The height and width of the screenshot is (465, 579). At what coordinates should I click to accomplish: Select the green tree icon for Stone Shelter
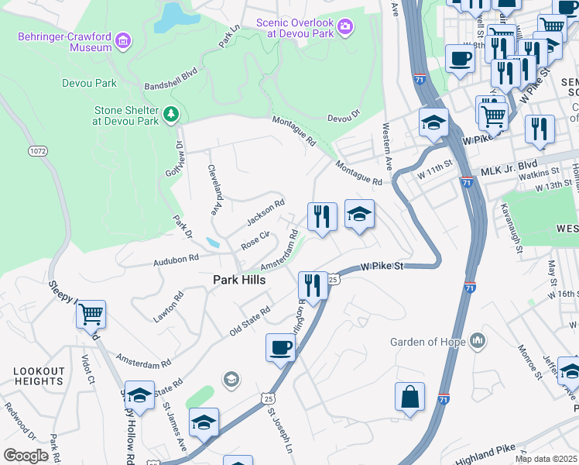pyautogui.click(x=171, y=115)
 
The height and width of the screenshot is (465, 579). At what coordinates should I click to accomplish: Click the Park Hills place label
pyautogui.click(x=239, y=280)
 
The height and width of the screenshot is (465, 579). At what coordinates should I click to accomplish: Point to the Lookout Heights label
pyautogui.click(x=38, y=377)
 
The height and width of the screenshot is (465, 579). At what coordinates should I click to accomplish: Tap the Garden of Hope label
pyautogui.click(x=427, y=342)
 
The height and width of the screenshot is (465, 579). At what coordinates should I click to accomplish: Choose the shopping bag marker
pyautogui.click(x=410, y=396)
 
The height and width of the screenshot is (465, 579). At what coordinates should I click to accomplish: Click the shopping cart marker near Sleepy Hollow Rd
pyautogui.click(x=91, y=315)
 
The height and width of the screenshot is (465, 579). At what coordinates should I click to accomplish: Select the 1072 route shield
pyautogui.click(x=37, y=150)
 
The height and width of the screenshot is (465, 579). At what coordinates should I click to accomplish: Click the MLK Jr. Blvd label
pyautogui.click(x=509, y=167)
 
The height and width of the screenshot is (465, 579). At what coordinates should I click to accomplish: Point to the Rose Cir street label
pyautogui.click(x=255, y=240)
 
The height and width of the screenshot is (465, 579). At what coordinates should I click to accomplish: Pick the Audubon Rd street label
pyautogui.click(x=176, y=258)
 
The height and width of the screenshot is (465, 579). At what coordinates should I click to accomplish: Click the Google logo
pyautogui.click(x=26, y=455)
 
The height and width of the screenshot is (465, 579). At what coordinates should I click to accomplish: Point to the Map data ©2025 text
pyautogui.click(x=546, y=459)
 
